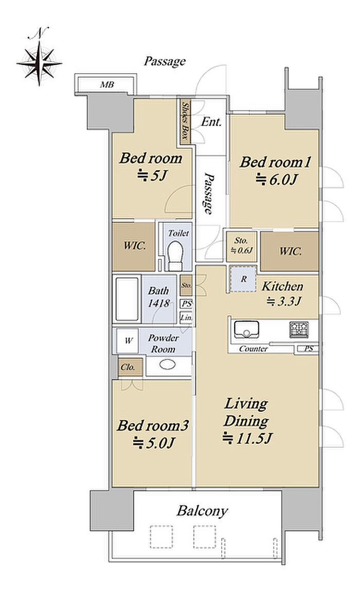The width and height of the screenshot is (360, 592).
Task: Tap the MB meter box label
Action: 107,85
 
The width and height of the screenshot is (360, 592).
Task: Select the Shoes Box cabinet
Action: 185,121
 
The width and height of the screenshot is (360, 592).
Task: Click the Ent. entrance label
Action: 211,121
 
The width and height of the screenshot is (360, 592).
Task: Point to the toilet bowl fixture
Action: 175,255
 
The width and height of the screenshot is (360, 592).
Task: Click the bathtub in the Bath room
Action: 127,299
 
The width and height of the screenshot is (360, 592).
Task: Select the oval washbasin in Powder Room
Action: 167,364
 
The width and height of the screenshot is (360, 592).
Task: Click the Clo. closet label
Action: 128,367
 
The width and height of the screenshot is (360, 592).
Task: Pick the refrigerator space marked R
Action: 243,279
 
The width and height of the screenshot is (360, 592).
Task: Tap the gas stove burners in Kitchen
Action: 299,329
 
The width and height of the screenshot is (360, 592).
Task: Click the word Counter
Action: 254,349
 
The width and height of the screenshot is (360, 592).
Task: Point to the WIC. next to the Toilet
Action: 134,246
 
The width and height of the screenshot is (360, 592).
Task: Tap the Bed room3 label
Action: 152,425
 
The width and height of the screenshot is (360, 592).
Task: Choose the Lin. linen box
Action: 186,317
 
